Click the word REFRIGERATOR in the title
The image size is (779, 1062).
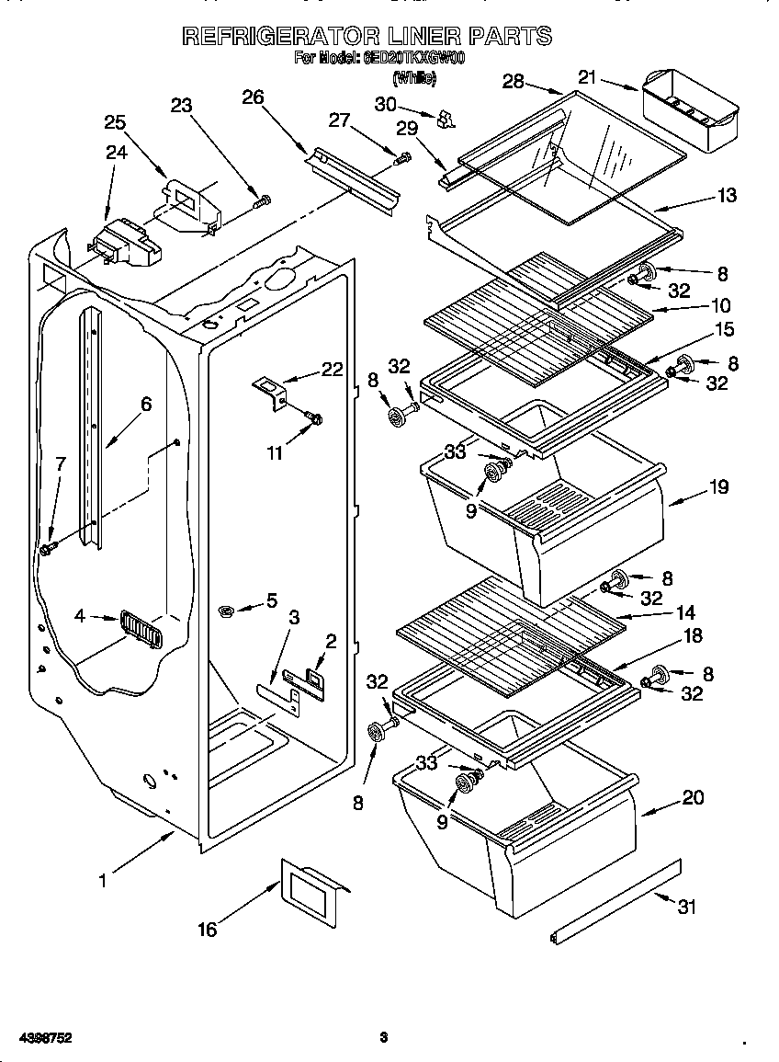(280, 36)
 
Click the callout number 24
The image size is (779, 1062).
(116, 152)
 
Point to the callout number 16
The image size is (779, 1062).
(208, 930)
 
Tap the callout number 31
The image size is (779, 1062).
(686, 906)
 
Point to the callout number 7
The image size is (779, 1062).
(61, 463)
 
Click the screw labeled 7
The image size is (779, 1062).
(48, 548)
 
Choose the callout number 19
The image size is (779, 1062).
(717, 487)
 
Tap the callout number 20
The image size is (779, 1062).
(693, 797)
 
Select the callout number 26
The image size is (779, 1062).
(253, 95)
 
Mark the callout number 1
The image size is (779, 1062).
(103, 880)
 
